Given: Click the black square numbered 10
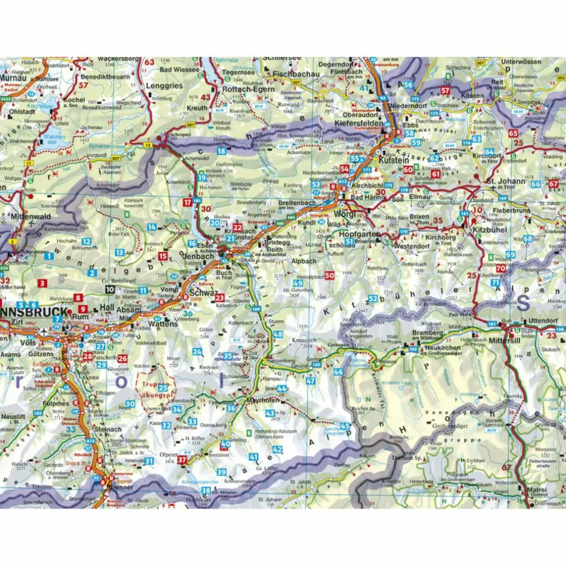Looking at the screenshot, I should point(109,289).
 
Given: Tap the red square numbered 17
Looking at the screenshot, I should point(187,202).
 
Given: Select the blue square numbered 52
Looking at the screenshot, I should point(373,298).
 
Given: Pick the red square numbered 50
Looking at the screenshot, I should point(329,276).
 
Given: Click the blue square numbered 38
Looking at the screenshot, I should point(206,491).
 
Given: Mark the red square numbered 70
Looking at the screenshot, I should point(501,268).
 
